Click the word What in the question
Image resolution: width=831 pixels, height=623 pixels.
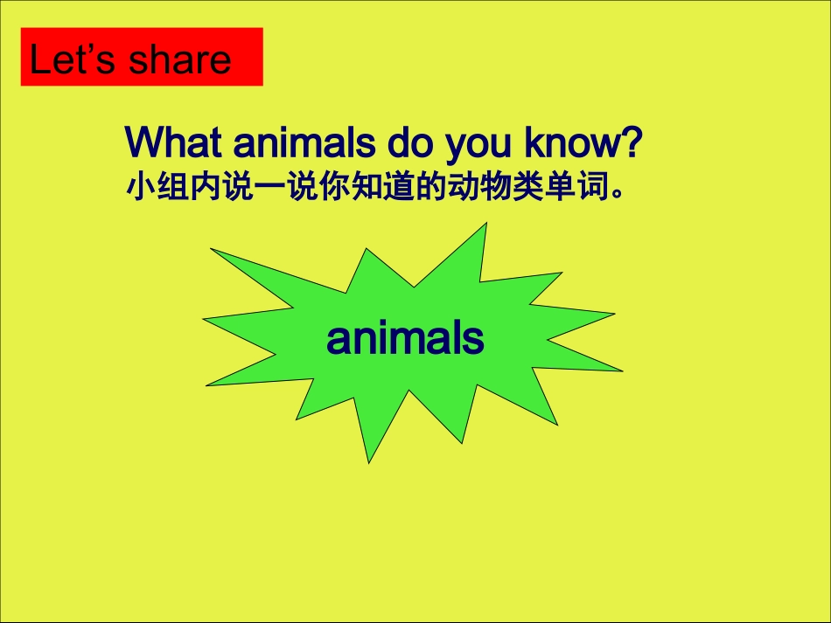pos(176,143)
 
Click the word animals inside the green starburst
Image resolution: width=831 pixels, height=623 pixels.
pos(405,338)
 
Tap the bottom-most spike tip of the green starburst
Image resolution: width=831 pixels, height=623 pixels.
pos(368,460)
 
